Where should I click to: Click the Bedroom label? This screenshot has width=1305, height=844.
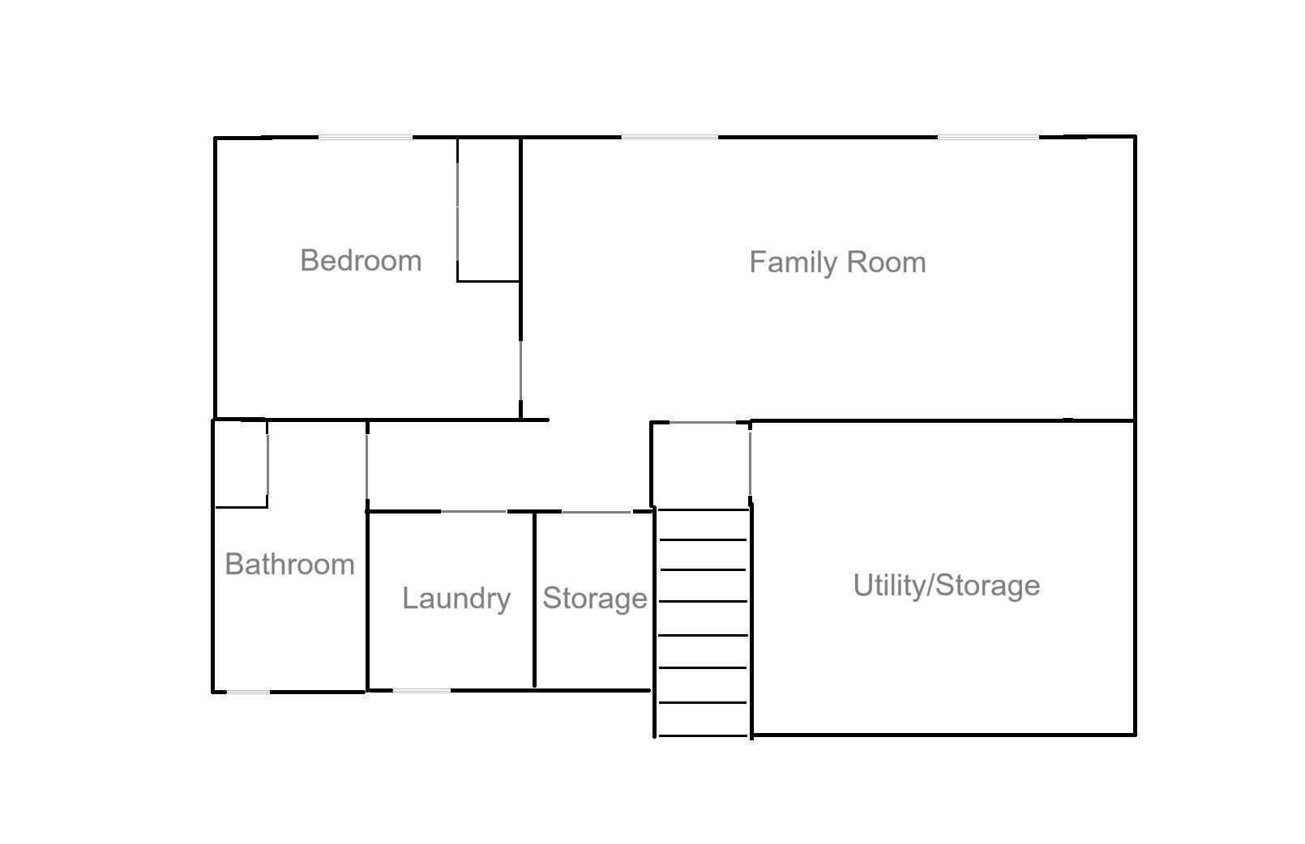point(361,261)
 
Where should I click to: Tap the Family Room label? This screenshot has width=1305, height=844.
point(836,262)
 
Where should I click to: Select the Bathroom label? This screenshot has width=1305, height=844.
point(289,564)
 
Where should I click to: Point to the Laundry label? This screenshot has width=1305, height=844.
point(456,599)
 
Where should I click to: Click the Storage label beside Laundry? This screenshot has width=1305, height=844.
point(594,599)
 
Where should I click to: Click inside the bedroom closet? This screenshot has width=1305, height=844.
point(489,211)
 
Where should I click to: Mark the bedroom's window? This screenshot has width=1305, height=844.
point(365,138)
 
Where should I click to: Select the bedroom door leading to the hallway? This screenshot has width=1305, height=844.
point(520,378)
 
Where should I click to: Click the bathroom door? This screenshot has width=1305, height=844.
point(367,467)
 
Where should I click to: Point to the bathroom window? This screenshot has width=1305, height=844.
point(247,692)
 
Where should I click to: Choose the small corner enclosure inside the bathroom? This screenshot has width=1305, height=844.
point(241,464)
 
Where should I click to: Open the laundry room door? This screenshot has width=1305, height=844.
point(473,512)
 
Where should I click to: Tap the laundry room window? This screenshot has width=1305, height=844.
point(421,691)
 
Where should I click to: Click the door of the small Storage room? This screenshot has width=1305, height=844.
point(596,512)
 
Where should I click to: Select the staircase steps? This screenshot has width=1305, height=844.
point(703,620)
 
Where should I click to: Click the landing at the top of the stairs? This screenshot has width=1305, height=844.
point(701,466)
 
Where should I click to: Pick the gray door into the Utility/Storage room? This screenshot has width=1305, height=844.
point(750,462)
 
